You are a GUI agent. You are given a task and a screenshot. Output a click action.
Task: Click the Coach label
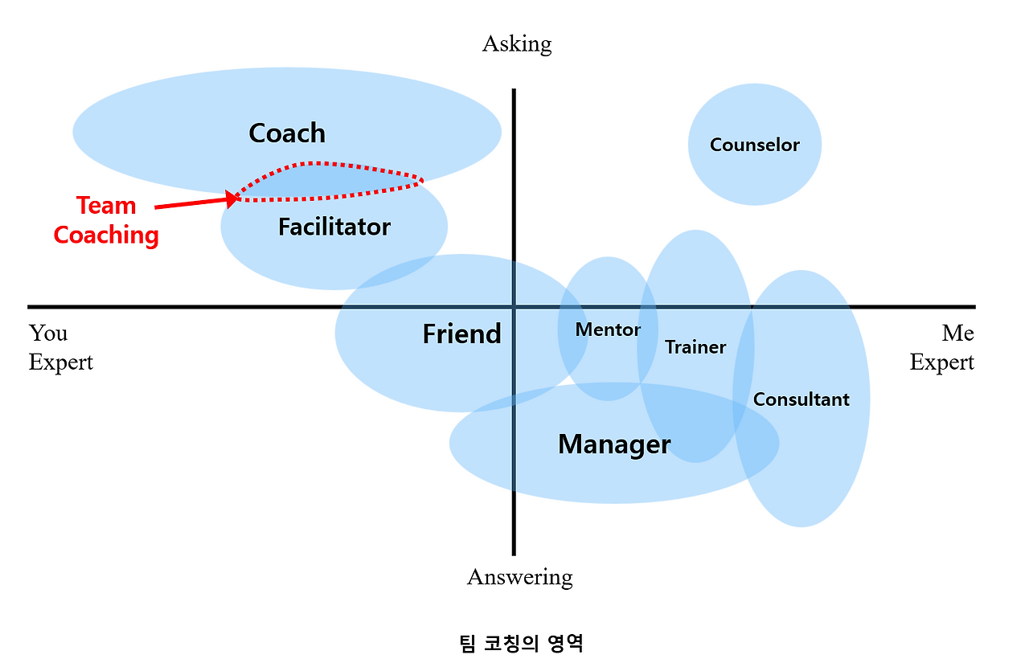[287, 133]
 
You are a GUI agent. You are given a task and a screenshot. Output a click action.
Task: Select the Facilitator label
[334, 227]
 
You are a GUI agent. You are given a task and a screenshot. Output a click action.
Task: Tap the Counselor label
[755, 145]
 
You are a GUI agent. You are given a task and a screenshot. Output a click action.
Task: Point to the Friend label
[461, 334]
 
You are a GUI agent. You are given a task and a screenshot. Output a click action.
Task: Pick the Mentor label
[608, 329]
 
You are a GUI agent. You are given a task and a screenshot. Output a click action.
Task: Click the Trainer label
[695, 347]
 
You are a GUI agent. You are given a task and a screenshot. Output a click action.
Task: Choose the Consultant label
[801, 399]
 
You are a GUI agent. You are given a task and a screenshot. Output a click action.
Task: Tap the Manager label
[614, 444]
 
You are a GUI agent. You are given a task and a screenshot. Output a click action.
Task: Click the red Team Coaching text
[106, 220]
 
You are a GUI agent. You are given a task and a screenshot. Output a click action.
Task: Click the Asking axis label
[517, 43]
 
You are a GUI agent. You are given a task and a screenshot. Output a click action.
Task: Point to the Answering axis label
[519, 577]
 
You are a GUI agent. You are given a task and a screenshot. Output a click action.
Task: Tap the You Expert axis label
[60, 347]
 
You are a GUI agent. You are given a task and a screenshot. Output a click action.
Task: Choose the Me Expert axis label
[942, 347]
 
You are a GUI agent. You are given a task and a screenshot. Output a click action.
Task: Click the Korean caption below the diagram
[520, 643]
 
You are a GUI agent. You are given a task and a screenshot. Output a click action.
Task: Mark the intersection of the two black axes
[514, 306]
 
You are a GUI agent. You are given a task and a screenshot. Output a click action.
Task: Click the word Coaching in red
[106, 235]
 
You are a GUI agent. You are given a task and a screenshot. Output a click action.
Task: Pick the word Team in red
[106, 206]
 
